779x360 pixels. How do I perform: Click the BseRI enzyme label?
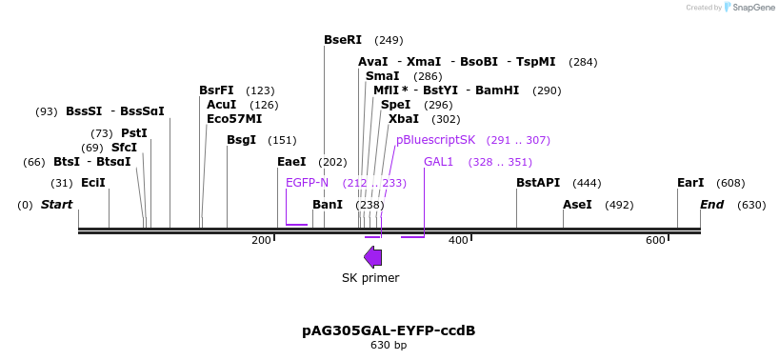click(x=343, y=40)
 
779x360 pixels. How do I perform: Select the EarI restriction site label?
click(x=690, y=183)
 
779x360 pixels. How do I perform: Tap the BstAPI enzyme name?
click(x=538, y=183)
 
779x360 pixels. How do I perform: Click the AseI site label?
click(x=577, y=205)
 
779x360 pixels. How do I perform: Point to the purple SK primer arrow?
click(x=373, y=256)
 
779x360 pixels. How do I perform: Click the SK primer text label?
click(x=370, y=278)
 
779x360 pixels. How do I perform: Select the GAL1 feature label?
click(x=438, y=162)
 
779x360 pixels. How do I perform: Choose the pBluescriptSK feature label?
click(x=435, y=140)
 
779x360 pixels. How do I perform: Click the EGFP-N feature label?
click(x=307, y=183)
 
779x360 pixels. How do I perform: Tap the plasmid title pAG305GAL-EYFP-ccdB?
click(x=389, y=330)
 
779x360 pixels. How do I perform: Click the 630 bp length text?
click(x=389, y=345)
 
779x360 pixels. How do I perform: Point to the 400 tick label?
click(x=458, y=240)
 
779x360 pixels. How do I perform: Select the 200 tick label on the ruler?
click(x=261, y=240)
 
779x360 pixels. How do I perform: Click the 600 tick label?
click(x=655, y=240)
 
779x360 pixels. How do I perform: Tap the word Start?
click(x=56, y=205)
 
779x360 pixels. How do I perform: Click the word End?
click(x=711, y=205)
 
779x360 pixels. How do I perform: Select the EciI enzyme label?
click(x=93, y=183)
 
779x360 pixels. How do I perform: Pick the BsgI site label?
click(x=241, y=140)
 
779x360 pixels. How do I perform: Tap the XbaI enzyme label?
click(x=403, y=119)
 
